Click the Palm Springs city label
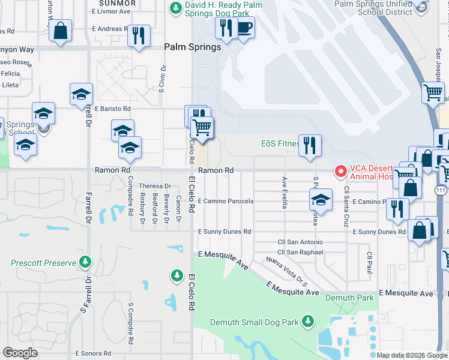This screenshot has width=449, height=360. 193,47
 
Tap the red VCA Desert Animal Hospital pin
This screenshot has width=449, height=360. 341,172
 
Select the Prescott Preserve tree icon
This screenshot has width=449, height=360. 86,262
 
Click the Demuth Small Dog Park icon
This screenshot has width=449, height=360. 308,322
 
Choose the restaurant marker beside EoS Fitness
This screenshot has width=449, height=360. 310,146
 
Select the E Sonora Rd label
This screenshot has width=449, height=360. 94,353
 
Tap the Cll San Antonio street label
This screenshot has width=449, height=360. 300,242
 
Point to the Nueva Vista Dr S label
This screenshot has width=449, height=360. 287,269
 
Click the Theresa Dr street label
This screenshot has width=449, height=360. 155,186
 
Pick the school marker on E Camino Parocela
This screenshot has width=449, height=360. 321,200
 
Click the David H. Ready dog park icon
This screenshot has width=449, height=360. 175,8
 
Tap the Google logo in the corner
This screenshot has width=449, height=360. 20,353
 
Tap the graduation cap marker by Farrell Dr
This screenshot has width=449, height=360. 81,95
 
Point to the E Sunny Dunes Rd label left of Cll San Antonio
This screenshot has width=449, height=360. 224,231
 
